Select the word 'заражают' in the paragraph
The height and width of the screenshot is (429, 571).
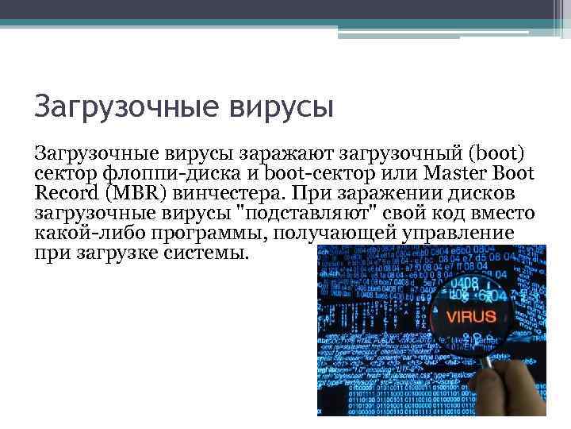[289, 153]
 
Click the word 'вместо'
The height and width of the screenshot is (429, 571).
[503, 214]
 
